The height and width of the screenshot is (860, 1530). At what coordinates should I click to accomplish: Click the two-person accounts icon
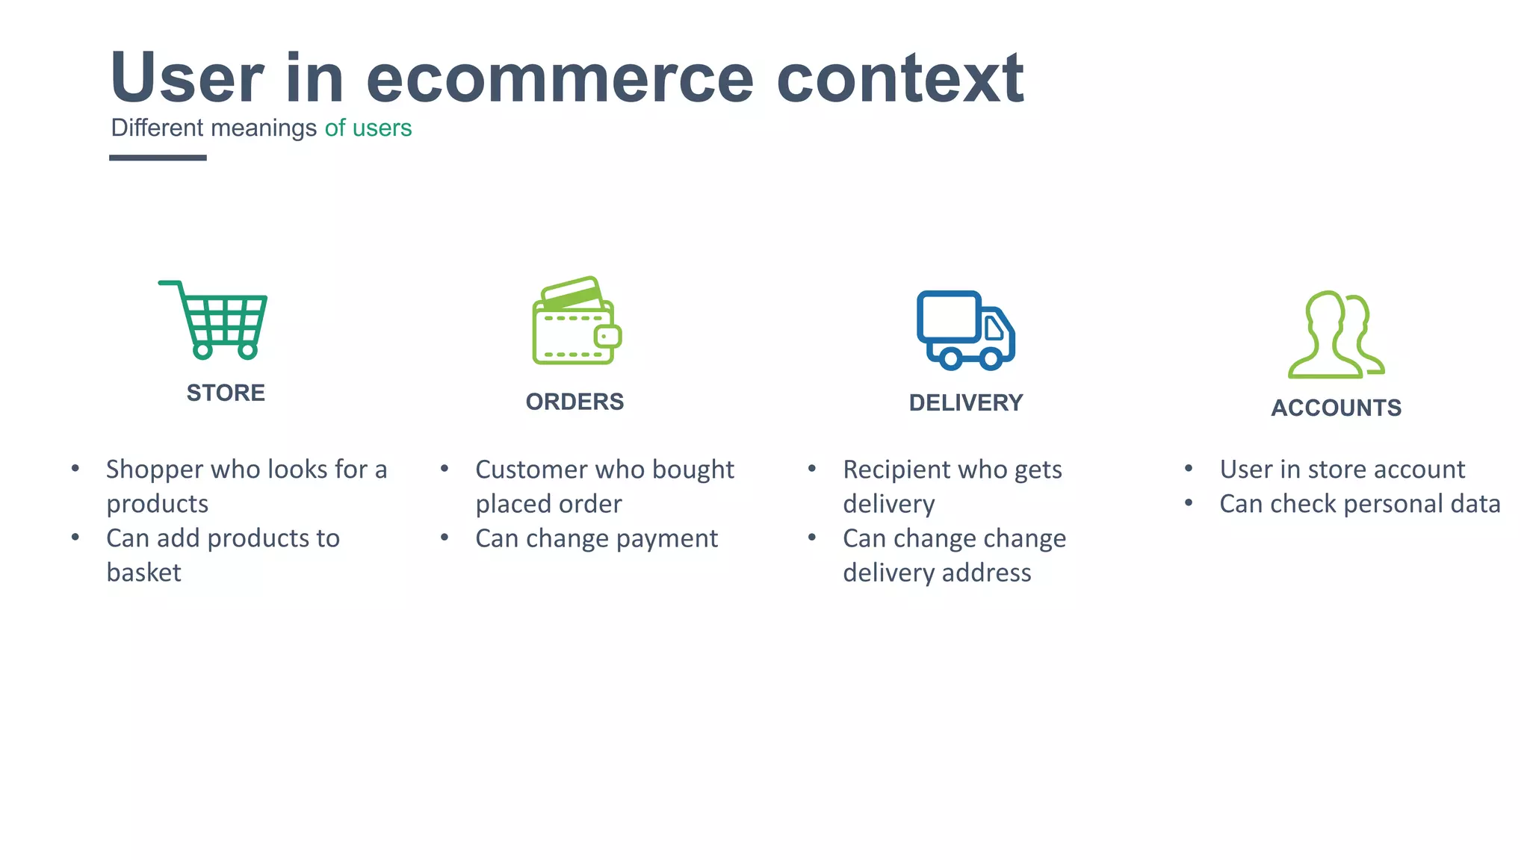[x=1336, y=335]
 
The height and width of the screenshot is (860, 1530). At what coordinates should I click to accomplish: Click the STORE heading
[x=226, y=393]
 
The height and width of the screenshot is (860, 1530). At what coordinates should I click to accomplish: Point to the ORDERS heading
[x=574, y=402]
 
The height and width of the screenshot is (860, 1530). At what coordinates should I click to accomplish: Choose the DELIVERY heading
[x=965, y=403]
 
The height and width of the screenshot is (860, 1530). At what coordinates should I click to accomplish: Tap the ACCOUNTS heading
[x=1336, y=408]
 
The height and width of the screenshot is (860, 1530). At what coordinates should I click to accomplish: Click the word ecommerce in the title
[x=560, y=79]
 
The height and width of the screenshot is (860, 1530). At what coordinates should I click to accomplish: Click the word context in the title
[x=899, y=79]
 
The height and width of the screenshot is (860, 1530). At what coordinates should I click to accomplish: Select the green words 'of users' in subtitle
[x=368, y=128]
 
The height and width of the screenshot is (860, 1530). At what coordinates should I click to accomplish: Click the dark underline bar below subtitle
[x=158, y=158]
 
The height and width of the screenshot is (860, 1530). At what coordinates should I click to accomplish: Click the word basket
[x=143, y=573]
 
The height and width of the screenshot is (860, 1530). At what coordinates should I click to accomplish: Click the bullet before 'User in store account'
[x=1189, y=469]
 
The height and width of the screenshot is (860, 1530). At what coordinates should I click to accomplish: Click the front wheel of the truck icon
[x=990, y=359]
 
